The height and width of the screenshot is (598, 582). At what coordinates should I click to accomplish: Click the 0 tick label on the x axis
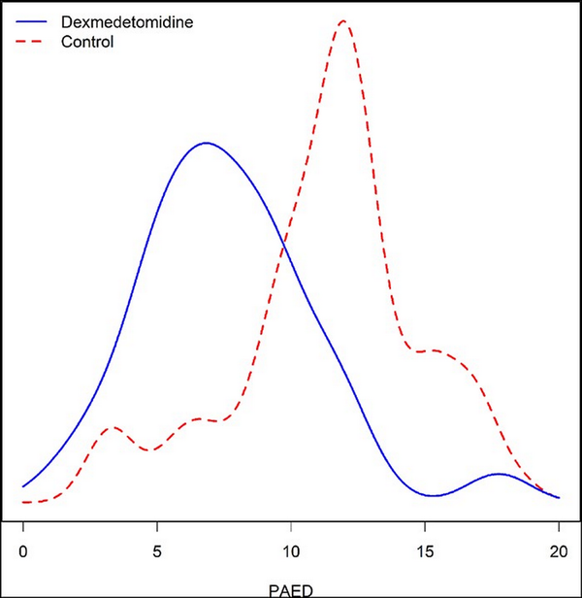pos(23,551)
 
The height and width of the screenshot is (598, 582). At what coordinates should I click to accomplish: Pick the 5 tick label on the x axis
pos(157,551)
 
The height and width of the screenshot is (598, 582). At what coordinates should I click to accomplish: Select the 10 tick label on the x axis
pos(291,551)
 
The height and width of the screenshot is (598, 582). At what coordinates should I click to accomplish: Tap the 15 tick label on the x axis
pos(425,551)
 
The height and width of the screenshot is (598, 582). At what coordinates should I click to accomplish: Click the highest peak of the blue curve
pos(205,143)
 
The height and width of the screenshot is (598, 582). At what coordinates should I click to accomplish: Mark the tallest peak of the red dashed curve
pos(342,20)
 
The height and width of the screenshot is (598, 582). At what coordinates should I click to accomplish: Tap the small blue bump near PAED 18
pos(499,474)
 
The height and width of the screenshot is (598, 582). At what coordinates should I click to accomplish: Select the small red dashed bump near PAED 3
pos(113,426)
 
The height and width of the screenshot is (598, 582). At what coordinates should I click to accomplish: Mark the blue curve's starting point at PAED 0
pos(23,486)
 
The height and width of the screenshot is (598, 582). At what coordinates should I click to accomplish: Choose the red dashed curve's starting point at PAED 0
pos(23,502)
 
